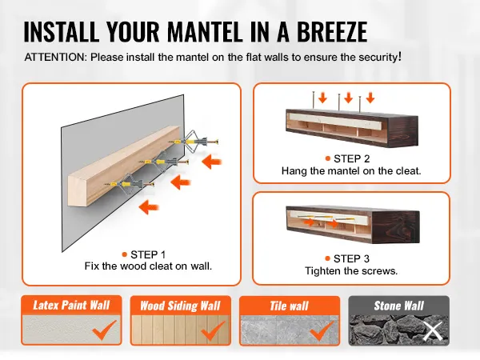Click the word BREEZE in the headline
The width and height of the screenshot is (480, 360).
[x=332, y=31]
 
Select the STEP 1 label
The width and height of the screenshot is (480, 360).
[x=148, y=254]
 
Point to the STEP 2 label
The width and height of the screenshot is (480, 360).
[x=352, y=158]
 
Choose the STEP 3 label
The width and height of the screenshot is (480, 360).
[x=351, y=258]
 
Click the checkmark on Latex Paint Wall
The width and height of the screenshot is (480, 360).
[x=105, y=330]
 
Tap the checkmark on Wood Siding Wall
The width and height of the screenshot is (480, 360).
[x=214, y=330]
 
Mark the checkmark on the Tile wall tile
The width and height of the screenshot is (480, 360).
[x=322, y=330]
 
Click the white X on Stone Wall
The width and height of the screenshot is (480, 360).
[x=433, y=331]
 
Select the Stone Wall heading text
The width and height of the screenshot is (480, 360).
[x=398, y=306]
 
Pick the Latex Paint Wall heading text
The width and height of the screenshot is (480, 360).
[x=71, y=305]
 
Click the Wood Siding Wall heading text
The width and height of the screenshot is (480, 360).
[x=180, y=306]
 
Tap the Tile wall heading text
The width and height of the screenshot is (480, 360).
[x=289, y=306]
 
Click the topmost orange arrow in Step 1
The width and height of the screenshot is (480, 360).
[x=212, y=162]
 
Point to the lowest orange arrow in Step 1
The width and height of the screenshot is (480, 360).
[x=149, y=207]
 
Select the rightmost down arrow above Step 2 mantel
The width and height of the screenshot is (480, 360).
[x=370, y=98]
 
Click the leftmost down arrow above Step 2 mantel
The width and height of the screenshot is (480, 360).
[x=322, y=98]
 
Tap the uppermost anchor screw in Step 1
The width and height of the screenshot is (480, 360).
[x=194, y=142]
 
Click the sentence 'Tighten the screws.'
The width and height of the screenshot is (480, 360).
[x=351, y=271]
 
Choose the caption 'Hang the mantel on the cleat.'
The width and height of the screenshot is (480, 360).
[x=351, y=171]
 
